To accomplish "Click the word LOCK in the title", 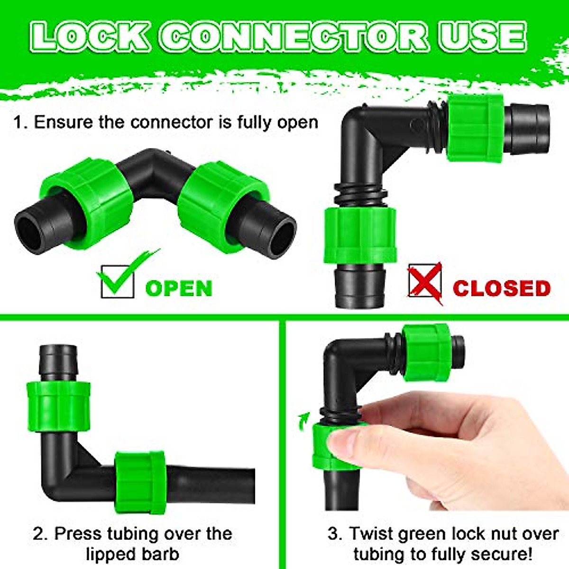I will pyautogui.click(x=91, y=37).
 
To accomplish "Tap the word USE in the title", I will pyautogui.click(x=482, y=37).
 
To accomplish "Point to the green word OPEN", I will pyautogui.click(x=179, y=288).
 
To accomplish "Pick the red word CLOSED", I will pyautogui.click(x=502, y=288).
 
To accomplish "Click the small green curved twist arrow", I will pyautogui.click(x=303, y=420).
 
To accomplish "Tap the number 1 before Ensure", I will pyautogui.click(x=18, y=122).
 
